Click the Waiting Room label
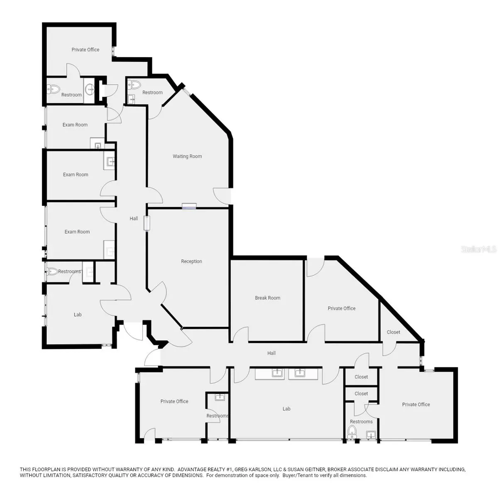[187, 156]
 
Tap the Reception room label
[191, 261]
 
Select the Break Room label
[268, 298]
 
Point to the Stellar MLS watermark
[478, 249]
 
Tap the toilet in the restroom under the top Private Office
[53, 89]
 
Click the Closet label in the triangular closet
[393, 332]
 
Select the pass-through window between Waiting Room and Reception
[189, 206]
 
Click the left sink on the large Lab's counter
[277, 373]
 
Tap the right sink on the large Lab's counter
[300, 373]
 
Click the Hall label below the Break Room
[271, 353]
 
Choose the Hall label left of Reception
[134, 218]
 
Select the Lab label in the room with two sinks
[286, 409]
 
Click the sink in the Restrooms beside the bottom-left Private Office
[220, 397]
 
